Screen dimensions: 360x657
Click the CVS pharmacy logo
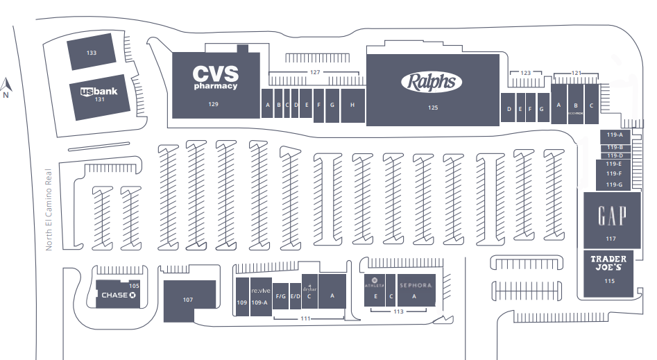(215, 76)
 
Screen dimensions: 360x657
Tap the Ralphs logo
(432, 82)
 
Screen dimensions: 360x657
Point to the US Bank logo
(99, 91)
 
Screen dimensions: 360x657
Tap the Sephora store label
(415, 285)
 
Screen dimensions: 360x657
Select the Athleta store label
(375, 284)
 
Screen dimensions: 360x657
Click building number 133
(92, 53)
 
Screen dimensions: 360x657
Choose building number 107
(187, 300)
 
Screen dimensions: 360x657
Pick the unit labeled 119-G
(614, 185)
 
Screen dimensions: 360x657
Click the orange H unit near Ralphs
(352, 105)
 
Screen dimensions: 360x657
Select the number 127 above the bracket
(315, 73)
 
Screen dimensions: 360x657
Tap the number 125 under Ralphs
(433, 108)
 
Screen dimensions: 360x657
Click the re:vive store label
(259, 289)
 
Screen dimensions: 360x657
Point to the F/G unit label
(280, 296)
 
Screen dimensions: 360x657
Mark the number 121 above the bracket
(576, 73)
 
